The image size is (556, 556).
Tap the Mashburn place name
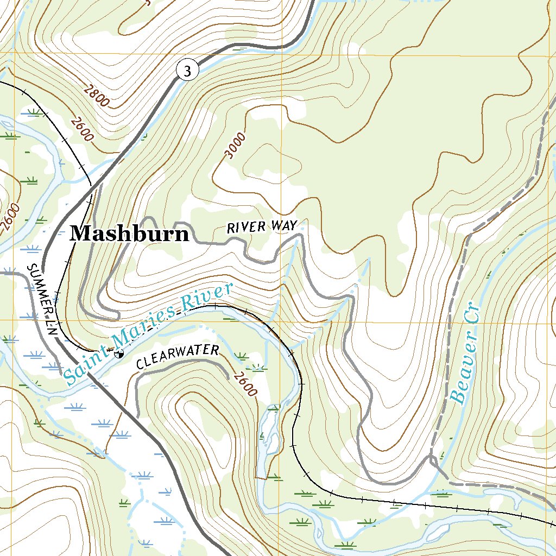(130, 233)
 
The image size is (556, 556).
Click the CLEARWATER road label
(178, 357)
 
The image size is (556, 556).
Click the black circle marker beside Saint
(118, 353)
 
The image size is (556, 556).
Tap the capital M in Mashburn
(80, 233)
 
